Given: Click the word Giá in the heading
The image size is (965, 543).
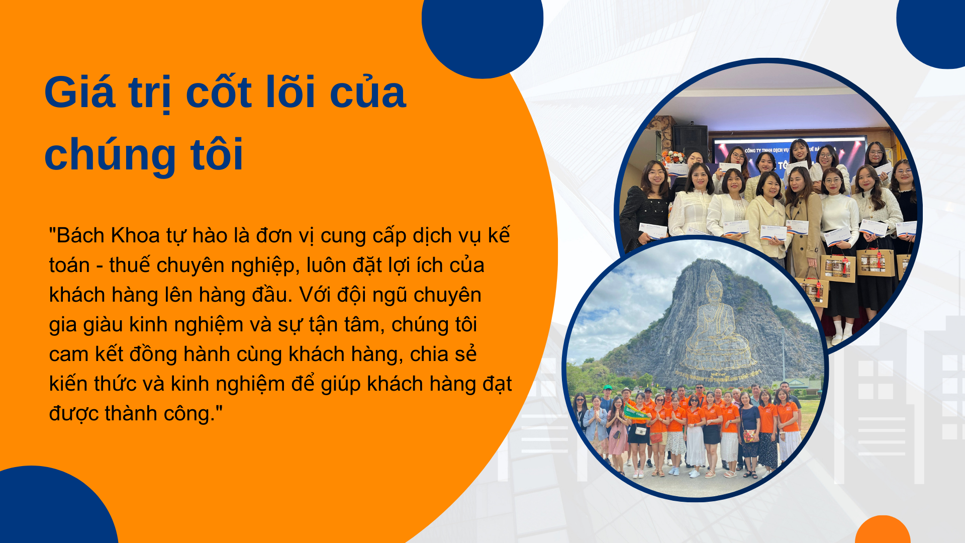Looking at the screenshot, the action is [80, 93].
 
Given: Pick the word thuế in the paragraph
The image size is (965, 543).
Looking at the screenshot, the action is [130, 265].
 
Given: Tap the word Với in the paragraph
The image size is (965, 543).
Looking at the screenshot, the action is [315, 295].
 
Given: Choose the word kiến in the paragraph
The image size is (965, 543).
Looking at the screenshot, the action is [68, 384].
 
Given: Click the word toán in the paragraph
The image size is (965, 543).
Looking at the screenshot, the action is [69, 265].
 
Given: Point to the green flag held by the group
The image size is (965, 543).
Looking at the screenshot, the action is [636, 413].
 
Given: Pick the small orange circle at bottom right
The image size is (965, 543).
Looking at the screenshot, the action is [883, 530].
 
